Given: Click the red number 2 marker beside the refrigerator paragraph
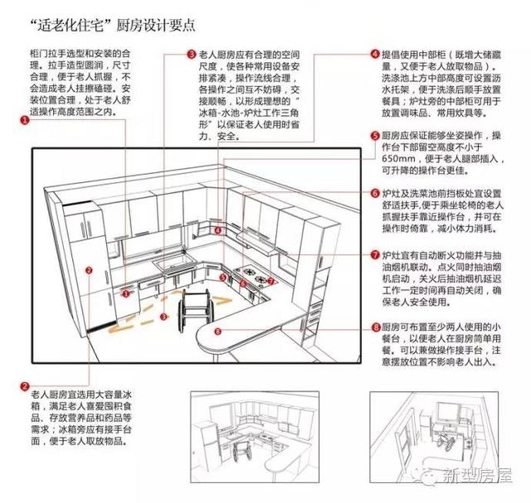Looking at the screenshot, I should click(24, 386).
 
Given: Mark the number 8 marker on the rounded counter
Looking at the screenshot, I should click(217, 332).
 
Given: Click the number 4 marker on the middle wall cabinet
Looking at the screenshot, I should click(217, 230).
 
